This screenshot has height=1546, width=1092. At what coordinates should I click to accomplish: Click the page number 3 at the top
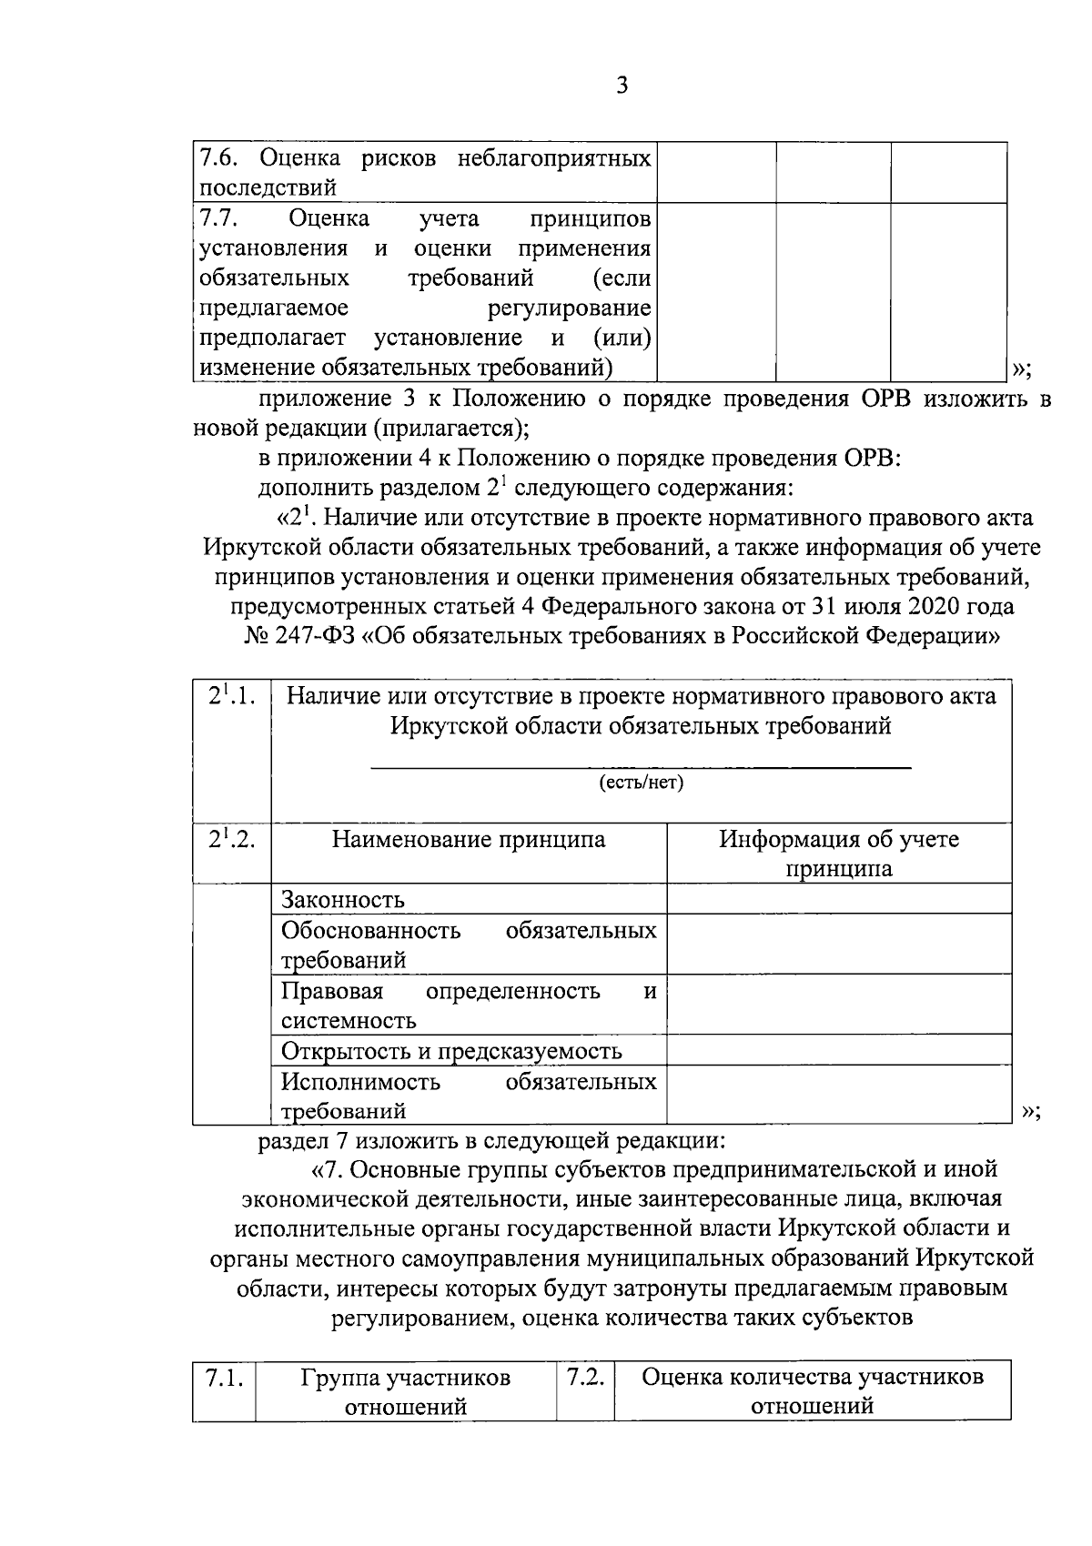point(622,86)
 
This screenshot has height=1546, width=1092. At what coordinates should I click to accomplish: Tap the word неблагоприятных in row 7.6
point(553,157)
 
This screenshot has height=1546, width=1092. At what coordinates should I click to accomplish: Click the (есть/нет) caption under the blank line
point(641,783)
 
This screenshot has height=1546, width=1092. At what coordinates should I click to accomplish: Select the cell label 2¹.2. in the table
point(231,839)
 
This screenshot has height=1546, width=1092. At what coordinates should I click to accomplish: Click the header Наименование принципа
point(469,839)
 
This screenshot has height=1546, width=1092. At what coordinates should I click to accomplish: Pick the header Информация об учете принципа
point(839,853)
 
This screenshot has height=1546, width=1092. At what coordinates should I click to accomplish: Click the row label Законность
point(343,900)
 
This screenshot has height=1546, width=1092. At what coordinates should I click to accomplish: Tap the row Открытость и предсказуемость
point(451,1051)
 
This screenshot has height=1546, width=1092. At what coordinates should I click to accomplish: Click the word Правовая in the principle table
point(332,990)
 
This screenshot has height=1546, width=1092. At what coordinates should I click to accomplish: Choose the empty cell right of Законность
point(839,899)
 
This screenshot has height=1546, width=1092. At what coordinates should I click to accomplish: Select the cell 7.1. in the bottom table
point(223,1378)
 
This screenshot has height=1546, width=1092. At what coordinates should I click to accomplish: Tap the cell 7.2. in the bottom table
point(585,1378)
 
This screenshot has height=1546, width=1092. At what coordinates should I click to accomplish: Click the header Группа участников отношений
point(406,1391)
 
